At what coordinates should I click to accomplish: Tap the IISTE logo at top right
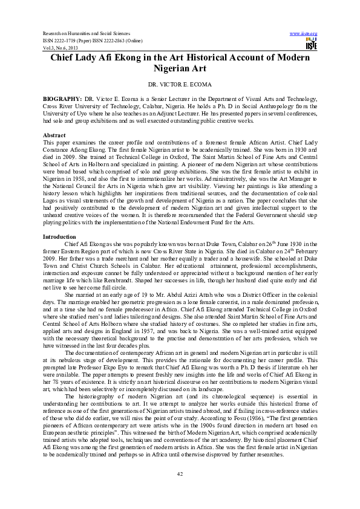tap(312, 43)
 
